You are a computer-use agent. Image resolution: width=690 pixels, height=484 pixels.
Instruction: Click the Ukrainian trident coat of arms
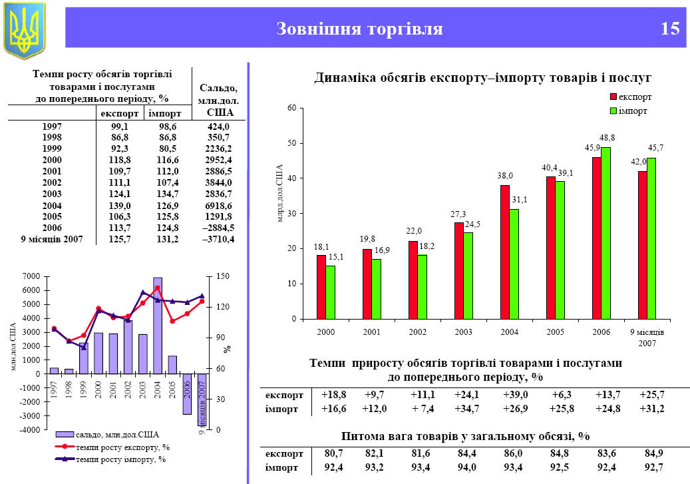pos(25,29)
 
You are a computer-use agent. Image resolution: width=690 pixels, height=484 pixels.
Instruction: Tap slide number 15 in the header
pos(670,29)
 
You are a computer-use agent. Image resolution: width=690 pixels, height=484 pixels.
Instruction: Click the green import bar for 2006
pos(605,233)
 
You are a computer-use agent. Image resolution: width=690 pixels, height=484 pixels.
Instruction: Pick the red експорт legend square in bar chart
pos(613,97)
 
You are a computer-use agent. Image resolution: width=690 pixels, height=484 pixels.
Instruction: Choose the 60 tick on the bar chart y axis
pos(291,108)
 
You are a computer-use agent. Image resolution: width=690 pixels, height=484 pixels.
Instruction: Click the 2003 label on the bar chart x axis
pos(463,332)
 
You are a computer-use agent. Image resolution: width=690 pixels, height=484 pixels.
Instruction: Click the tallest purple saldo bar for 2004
pos(158,326)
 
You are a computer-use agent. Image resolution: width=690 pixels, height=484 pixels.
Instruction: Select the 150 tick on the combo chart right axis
pos(223,276)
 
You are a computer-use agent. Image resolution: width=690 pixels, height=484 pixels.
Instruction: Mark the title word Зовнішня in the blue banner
pos(318,29)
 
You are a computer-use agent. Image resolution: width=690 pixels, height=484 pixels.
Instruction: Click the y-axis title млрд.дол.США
pos(279,193)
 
